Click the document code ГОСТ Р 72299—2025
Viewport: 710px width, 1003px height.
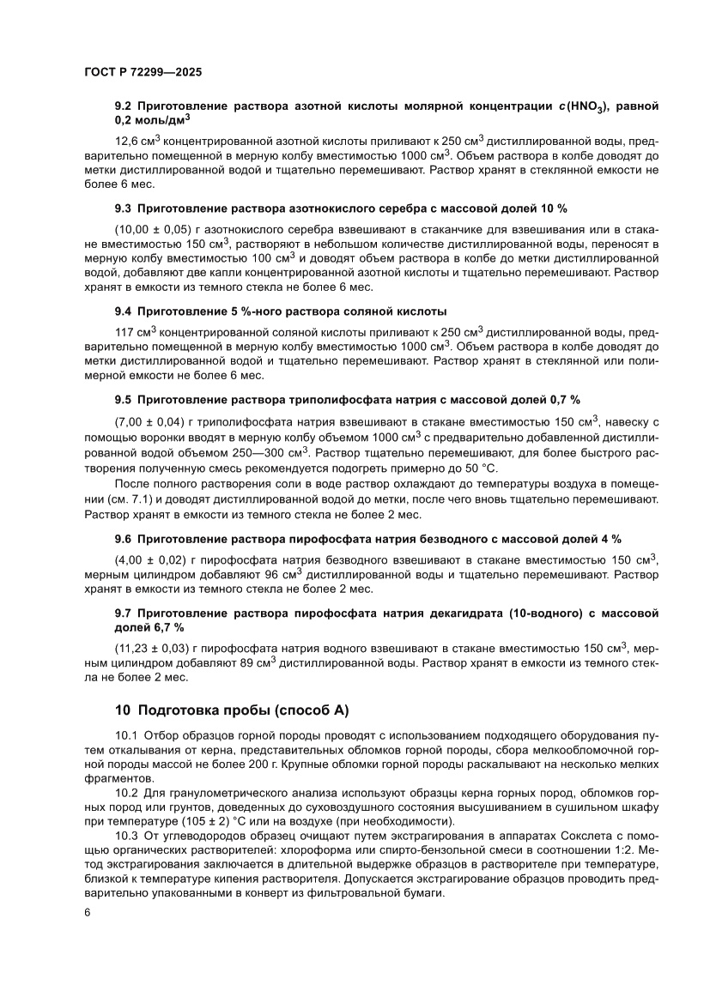143,73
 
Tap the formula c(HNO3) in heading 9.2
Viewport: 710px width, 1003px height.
583,106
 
